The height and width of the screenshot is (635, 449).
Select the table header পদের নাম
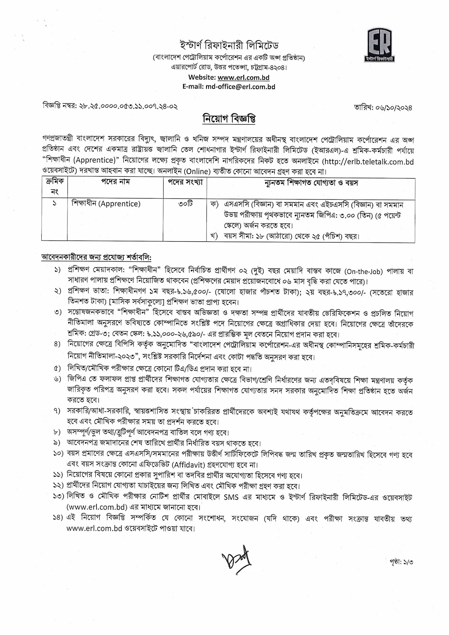[x=115, y=182]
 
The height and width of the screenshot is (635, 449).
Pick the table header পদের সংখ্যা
[x=185, y=182]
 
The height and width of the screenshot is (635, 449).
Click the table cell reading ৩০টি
[x=185, y=204]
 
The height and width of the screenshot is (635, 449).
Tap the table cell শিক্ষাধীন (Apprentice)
[x=106, y=204]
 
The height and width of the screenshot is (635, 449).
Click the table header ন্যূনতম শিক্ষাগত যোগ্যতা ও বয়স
[x=311, y=183]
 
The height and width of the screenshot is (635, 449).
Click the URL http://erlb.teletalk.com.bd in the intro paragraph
[x=367, y=162]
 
